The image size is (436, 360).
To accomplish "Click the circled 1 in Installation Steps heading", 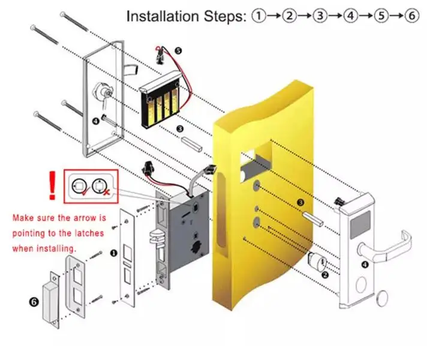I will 258,16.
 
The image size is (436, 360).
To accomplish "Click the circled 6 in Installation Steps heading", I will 411,16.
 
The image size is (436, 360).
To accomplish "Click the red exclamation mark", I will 53,185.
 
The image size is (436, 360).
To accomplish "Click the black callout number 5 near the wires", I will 178,52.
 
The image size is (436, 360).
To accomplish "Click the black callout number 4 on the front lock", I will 364,265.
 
